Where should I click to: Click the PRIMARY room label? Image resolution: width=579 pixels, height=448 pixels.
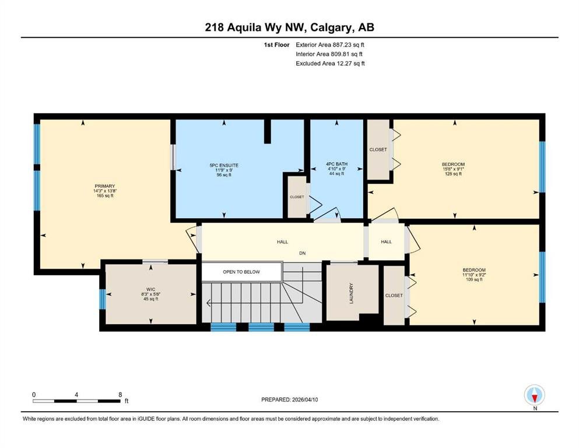105,186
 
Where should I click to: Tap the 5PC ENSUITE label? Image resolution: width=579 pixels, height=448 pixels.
224,166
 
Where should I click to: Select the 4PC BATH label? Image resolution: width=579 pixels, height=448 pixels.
336,164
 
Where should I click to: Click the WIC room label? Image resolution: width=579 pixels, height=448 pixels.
150,289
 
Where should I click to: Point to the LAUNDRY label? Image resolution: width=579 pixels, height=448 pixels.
351,293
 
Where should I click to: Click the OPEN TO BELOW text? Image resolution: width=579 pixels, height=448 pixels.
241,272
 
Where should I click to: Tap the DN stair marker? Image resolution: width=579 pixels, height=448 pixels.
303,253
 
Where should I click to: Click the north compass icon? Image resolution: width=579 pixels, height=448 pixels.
535,395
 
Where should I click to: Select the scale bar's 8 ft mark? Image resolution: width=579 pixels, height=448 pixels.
120,395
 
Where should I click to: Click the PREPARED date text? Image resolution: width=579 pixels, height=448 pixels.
289,400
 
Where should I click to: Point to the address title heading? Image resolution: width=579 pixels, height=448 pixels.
289,27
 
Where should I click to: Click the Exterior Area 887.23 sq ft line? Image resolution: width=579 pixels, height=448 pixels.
330,45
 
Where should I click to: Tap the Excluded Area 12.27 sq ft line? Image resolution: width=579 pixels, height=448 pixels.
330,63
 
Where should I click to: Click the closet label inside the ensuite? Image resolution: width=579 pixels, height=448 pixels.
297,197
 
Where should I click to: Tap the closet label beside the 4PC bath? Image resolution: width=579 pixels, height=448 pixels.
378,149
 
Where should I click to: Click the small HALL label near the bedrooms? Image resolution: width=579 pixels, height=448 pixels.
386,242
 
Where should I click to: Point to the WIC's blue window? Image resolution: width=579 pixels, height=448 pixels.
102,299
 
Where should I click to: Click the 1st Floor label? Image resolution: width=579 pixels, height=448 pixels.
276,45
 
